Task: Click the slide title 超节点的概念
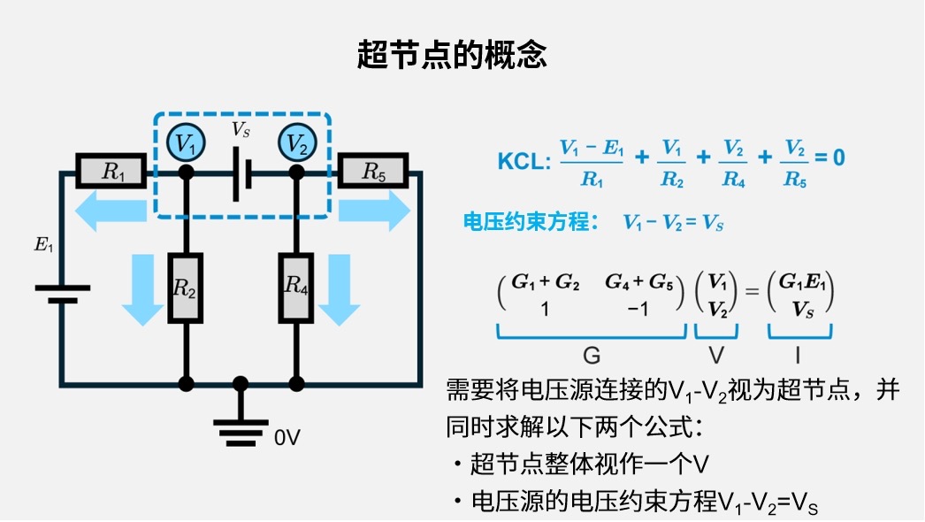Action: pyautogui.click(x=452, y=55)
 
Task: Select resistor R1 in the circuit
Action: pyautogui.click(x=112, y=173)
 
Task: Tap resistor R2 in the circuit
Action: pyautogui.click(x=185, y=288)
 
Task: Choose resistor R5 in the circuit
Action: pyautogui.click(x=372, y=173)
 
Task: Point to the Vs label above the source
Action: pyautogui.click(x=241, y=129)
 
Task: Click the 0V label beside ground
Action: pyautogui.click(x=288, y=436)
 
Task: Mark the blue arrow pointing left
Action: pyautogui.click(x=110, y=213)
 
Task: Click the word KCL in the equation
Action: pyautogui.click(x=524, y=159)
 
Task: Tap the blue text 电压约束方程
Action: pyautogui.click(x=526, y=222)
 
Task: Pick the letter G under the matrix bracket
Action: pyautogui.click(x=592, y=356)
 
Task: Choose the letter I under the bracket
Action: pyautogui.click(x=799, y=356)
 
